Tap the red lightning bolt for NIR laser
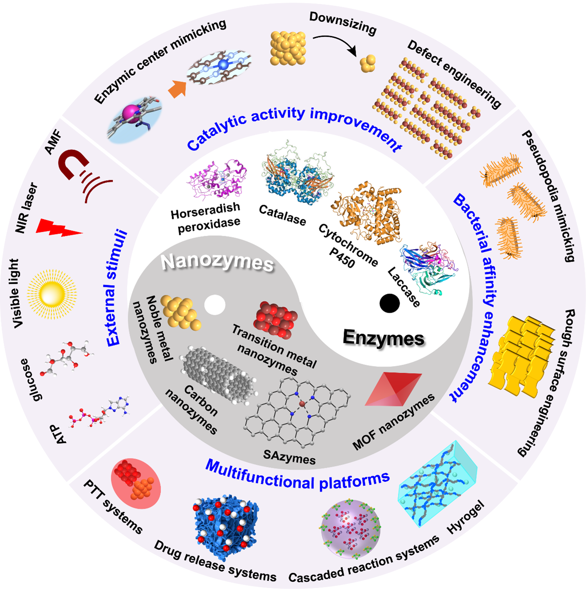(x=58, y=228)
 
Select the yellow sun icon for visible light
(x=51, y=294)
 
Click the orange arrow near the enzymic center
(x=177, y=89)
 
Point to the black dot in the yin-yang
(x=389, y=303)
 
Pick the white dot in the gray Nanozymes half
(x=215, y=305)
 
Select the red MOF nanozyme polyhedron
(x=394, y=389)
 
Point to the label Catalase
(x=282, y=215)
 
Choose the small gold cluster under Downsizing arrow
(x=368, y=64)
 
